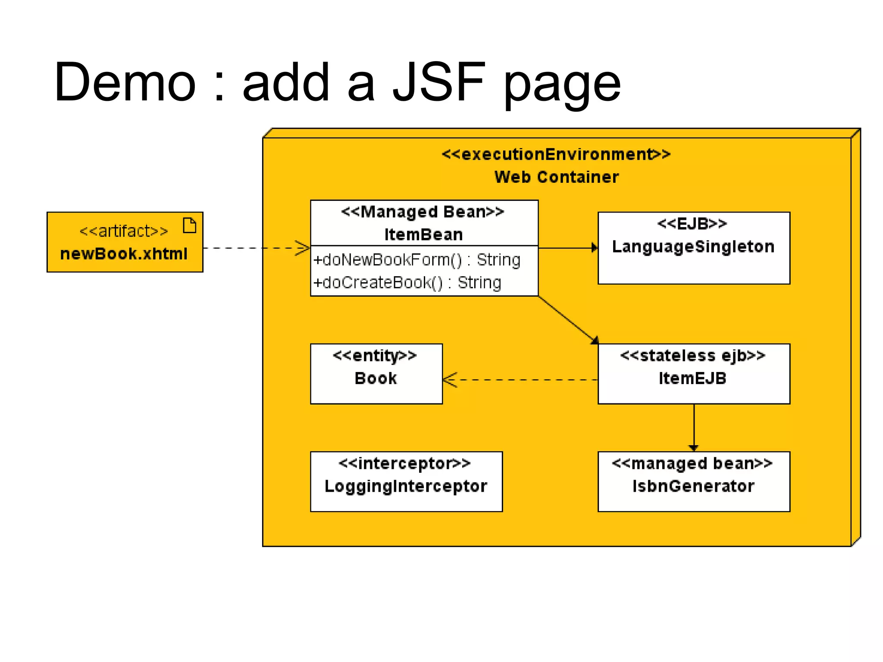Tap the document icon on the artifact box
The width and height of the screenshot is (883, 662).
(189, 225)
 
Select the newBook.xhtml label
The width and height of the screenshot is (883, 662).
(124, 254)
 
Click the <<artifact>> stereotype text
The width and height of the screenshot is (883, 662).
(124, 231)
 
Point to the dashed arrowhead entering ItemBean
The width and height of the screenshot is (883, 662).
(303, 248)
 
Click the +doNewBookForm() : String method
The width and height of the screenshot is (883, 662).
(416, 260)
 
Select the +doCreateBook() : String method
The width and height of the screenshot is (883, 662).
(407, 283)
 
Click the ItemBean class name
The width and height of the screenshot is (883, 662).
(423, 235)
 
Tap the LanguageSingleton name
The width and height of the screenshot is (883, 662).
(693, 247)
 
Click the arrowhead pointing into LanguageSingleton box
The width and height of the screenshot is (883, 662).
(594, 248)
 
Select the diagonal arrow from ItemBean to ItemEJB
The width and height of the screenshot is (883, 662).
(567, 319)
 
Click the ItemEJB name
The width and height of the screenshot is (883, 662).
(692, 378)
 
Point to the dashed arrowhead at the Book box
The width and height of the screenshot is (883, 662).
(450, 380)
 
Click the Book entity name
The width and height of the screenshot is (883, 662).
(376, 378)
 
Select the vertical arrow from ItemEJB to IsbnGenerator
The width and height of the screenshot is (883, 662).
(694, 427)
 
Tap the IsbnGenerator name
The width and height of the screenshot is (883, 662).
(693, 486)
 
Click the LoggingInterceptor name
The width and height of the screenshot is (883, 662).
(406, 486)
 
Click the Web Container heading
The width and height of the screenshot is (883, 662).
(556, 177)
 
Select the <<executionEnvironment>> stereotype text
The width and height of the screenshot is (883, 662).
(556, 154)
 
